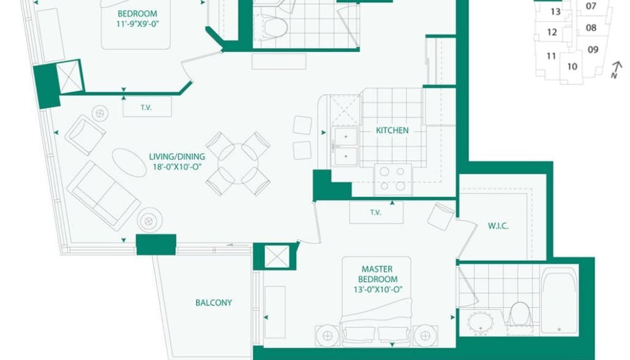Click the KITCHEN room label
392,130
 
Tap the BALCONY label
214,302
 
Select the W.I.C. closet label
499,226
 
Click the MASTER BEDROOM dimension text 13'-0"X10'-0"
378,289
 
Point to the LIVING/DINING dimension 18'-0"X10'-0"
176,167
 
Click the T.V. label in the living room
146,108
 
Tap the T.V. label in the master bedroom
375,212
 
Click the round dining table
238,164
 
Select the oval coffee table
129,162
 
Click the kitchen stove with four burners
392,179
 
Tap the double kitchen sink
345,146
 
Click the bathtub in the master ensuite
559,301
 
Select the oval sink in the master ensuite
480,322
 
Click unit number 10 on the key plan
572,66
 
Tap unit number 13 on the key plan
555,12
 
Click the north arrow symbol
616,69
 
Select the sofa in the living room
103,195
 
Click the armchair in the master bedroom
441,216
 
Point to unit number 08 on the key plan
591,27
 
